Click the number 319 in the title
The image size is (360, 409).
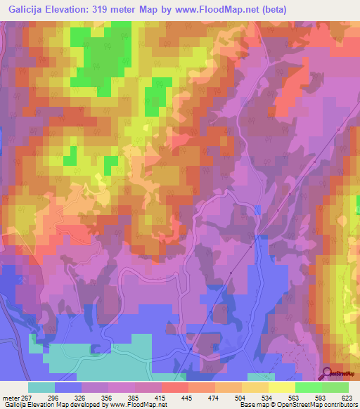pyautogui.click(x=108, y=8)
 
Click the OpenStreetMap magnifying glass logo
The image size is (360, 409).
pyautogui.click(x=326, y=373)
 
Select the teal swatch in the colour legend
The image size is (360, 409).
pyautogui.click(x=41, y=387)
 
